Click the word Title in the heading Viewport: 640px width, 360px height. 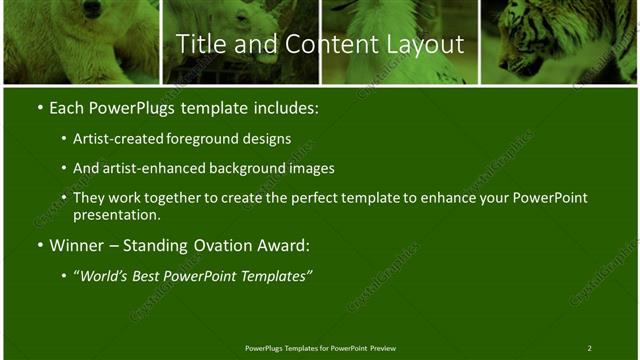pyautogui.click(x=198, y=44)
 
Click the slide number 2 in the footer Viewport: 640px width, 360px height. pyautogui.click(x=589, y=348)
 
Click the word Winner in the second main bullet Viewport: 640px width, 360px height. pyautogui.click(x=79, y=245)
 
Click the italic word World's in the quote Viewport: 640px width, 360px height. pyautogui.click(x=106, y=275)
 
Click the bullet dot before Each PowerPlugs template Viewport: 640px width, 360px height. pyautogui.click(x=39, y=107)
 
